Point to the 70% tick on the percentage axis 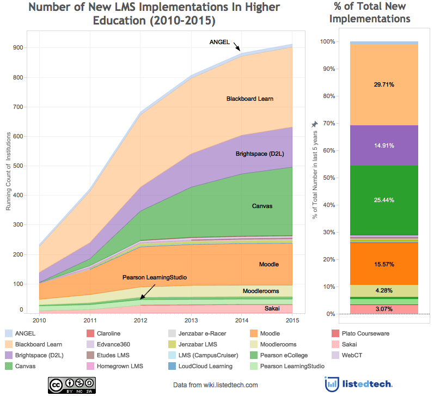pos(328,124)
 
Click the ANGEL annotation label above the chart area pos(220,42)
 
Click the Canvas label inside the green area pos(262,206)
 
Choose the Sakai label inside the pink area pos(272,308)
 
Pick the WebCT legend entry pos(351,355)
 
